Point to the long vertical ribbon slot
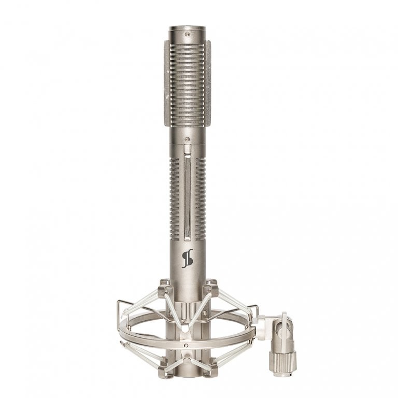(x=186, y=197)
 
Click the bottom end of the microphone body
(x=187, y=381)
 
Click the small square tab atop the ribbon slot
(x=186, y=149)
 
